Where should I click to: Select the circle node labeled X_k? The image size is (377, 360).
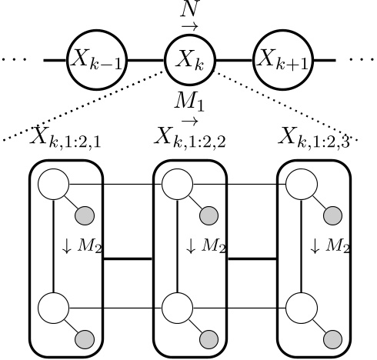tap(190, 58)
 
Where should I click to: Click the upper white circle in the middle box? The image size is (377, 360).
tap(176, 184)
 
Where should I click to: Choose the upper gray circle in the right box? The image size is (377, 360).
tap(332, 215)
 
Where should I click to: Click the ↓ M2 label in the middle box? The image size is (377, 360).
tap(203, 247)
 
